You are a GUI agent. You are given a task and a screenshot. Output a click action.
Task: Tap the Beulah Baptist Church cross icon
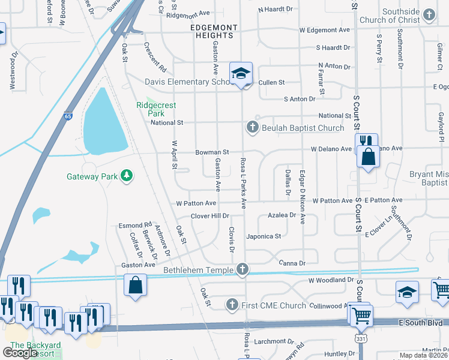252,127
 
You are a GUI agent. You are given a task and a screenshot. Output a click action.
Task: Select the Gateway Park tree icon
126,175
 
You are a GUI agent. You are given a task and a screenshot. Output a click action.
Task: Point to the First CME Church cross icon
232,305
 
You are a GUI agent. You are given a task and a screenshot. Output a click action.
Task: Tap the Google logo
20,353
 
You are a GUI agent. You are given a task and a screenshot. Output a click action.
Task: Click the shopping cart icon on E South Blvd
361,314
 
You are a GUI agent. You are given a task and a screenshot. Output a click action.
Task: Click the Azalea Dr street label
282,215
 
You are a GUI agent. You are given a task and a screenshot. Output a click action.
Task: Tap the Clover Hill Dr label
210,216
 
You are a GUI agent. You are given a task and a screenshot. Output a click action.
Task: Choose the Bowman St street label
212,152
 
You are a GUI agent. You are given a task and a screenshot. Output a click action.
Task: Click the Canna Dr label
293,263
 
